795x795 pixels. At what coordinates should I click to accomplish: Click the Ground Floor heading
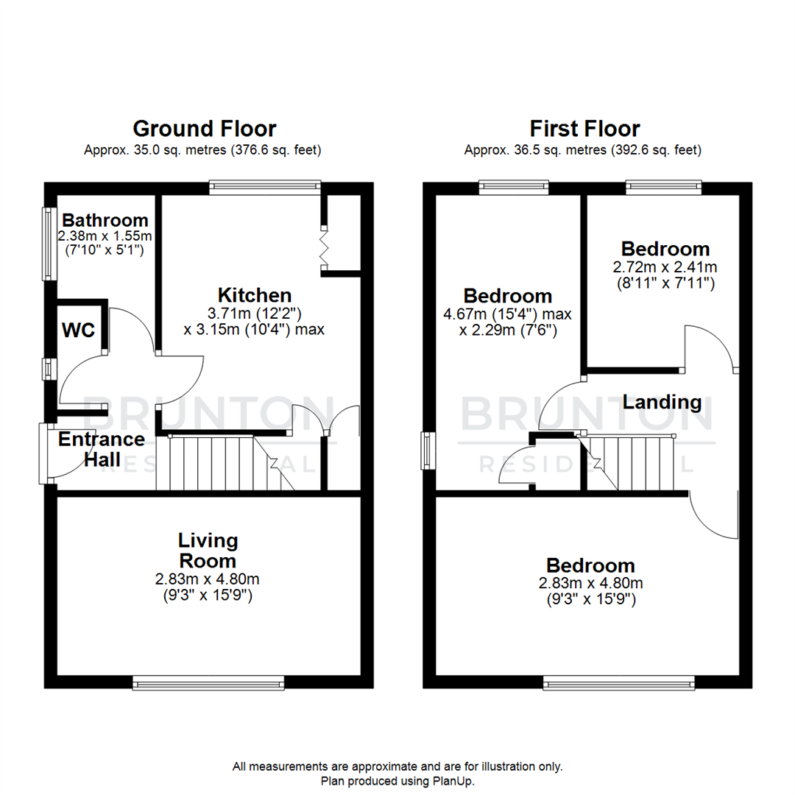click(204, 129)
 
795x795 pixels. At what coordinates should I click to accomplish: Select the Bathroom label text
click(105, 219)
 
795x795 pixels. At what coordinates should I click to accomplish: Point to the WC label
click(77, 331)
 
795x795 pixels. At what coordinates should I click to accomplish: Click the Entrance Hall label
click(102, 449)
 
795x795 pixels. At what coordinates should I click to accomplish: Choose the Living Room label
click(208, 550)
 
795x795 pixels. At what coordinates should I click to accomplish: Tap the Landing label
click(662, 402)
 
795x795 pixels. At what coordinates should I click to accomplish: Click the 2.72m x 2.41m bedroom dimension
click(665, 266)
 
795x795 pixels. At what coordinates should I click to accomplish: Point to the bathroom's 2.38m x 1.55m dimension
click(105, 236)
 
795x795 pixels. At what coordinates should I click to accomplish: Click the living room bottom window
click(208, 684)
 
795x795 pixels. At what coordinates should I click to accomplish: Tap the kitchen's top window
click(265, 187)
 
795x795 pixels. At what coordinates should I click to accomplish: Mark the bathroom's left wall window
click(49, 244)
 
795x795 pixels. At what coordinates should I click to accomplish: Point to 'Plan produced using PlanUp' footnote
click(397, 780)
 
